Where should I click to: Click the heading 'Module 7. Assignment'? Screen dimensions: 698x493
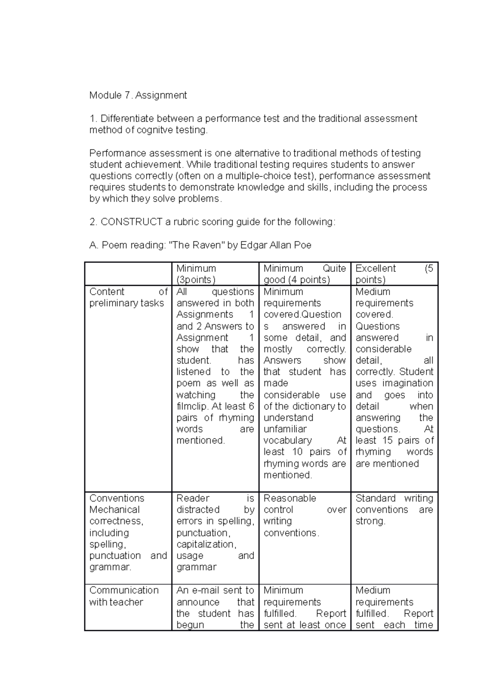(138, 95)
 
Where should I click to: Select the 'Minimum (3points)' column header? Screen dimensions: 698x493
(196, 274)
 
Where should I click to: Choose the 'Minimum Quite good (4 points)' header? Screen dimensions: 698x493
(304, 274)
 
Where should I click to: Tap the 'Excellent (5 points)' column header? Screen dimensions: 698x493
(394, 274)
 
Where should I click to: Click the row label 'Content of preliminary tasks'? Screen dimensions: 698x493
(127, 298)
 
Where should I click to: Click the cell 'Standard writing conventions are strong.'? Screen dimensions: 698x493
(394, 510)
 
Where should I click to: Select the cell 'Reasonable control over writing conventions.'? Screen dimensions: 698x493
(304, 515)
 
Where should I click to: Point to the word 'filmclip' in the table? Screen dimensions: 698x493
(193, 407)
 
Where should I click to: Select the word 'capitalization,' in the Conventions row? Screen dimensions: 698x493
(206, 544)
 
